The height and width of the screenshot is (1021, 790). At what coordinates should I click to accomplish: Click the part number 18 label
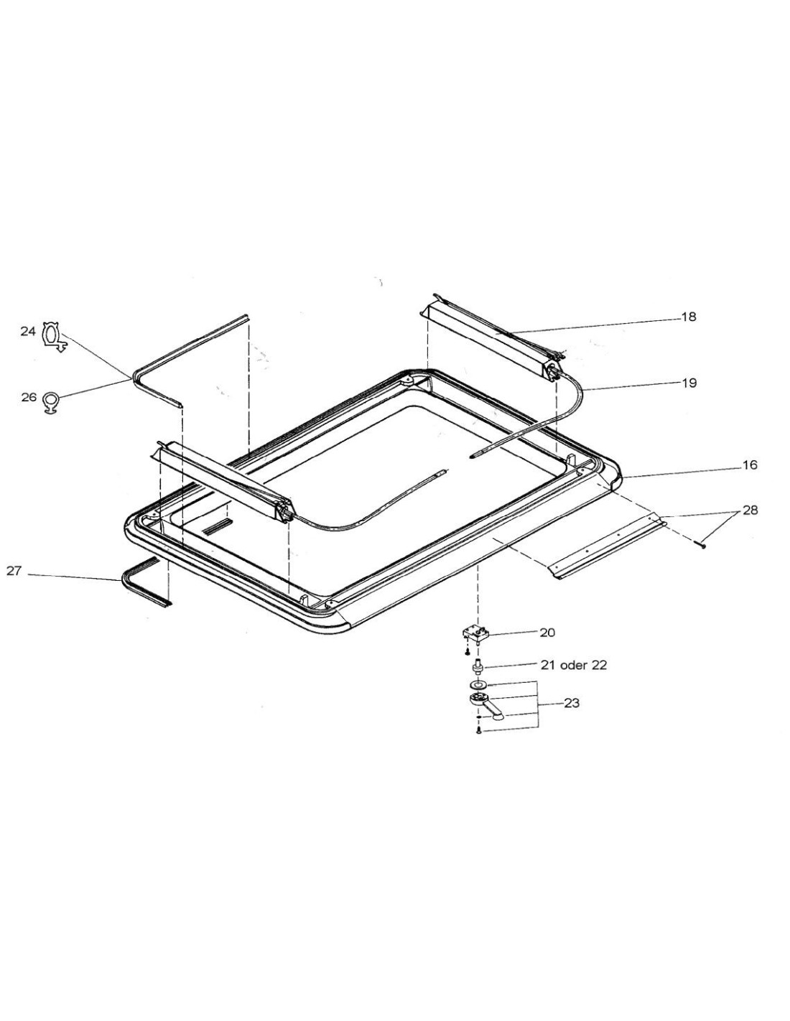689,317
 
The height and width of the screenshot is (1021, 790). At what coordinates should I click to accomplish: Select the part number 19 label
689,383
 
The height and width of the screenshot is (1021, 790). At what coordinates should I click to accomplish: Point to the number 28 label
750,510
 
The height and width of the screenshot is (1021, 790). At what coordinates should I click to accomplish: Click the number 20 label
547,633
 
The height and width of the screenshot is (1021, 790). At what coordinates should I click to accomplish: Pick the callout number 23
572,704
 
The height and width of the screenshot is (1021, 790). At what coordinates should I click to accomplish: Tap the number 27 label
14,572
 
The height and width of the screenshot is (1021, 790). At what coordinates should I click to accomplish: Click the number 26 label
29,397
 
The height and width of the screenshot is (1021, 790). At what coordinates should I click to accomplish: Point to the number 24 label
28,332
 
